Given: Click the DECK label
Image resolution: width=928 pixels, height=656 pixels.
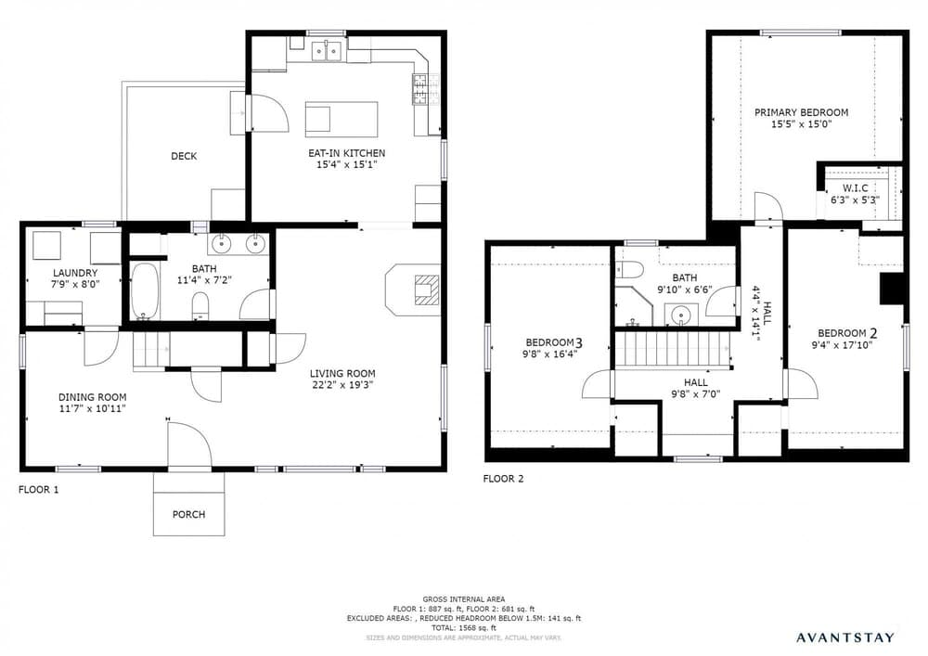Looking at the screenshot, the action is pyautogui.click(x=184, y=156).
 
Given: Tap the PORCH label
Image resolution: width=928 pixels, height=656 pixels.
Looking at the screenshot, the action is pyautogui.click(x=188, y=515).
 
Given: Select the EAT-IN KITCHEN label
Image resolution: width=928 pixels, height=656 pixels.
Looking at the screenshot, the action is pyautogui.click(x=346, y=153).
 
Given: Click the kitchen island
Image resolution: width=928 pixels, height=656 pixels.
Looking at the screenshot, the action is pyautogui.click(x=342, y=119).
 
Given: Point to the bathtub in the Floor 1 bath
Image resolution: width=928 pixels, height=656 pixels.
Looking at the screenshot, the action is pyautogui.click(x=145, y=290).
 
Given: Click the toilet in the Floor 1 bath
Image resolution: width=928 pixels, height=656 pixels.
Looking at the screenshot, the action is pyautogui.click(x=201, y=307).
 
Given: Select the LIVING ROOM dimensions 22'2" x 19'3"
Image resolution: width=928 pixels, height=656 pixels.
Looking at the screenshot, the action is pyautogui.click(x=342, y=385).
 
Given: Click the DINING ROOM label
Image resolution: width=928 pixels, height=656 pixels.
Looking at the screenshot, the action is pyautogui.click(x=92, y=397).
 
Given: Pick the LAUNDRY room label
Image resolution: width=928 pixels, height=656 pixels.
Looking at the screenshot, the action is pyautogui.click(x=74, y=274).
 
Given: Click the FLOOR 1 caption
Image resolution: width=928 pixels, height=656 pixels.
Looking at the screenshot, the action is pyautogui.click(x=38, y=490).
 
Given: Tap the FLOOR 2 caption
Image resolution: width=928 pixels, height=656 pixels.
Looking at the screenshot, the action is pyautogui.click(x=503, y=479).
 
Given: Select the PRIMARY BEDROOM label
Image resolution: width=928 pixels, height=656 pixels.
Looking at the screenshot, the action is pyautogui.click(x=801, y=112).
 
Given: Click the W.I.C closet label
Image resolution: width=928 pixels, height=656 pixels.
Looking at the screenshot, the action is pyautogui.click(x=856, y=188).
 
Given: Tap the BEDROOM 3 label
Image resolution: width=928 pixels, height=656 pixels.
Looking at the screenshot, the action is pyautogui.click(x=555, y=342).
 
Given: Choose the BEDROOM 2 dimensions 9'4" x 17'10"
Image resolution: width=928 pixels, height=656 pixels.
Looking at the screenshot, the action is pyautogui.click(x=843, y=345).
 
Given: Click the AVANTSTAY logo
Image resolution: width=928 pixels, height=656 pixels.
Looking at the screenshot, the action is pyautogui.click(x=845, y=637).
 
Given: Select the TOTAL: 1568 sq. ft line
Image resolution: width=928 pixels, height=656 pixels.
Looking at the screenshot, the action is pyautogui.click(x=464, y=628).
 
